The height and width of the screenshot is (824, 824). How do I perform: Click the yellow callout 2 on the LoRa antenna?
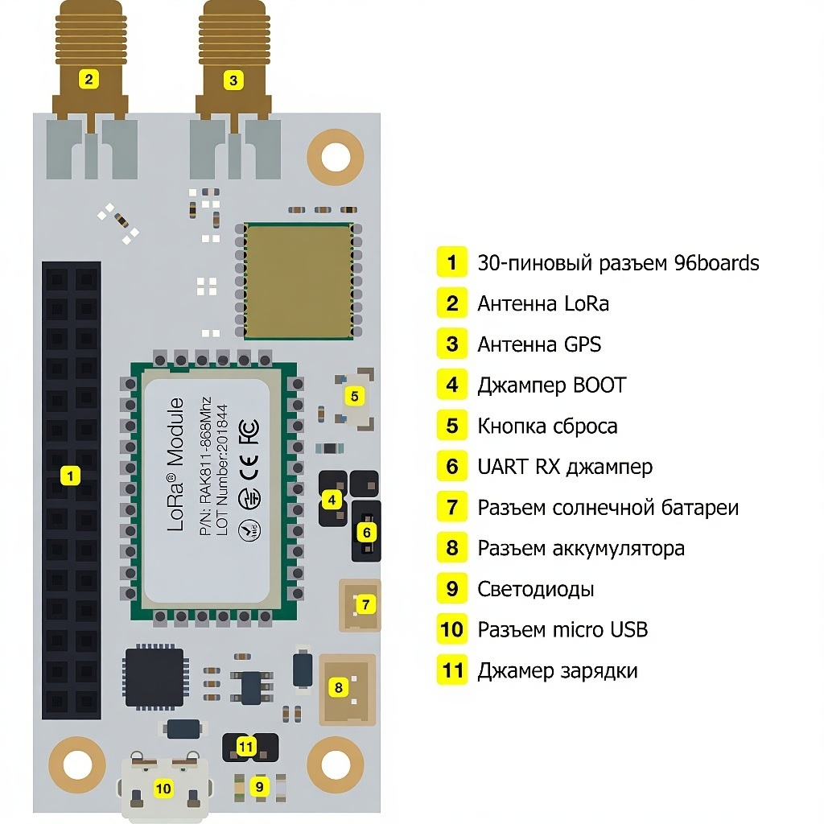tap(89, 79)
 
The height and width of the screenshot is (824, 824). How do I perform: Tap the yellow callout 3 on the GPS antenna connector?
tap(233, 80)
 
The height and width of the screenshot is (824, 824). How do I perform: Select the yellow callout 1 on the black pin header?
tap(71, 476)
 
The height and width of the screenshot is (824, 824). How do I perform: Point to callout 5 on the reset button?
tap(354, 395)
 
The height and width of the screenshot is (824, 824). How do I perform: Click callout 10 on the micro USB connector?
tap(163, 788)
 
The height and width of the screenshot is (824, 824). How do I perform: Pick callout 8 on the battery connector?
tap(338, 687)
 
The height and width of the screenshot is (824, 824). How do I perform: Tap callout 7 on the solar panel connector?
tap(365, 603)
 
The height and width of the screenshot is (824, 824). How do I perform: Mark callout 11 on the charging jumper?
tap(246, 747)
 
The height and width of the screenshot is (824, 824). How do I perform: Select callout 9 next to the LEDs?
tap(259, 786)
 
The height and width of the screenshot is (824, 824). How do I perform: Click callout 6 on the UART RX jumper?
tap(366, 532)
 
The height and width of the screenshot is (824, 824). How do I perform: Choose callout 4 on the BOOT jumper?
tap(331, 500)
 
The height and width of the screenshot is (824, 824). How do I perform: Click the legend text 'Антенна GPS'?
tap(538, 344)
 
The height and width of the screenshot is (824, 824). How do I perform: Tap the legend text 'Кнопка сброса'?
tap(547, 426)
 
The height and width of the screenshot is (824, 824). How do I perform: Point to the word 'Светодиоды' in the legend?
tap(535, 589)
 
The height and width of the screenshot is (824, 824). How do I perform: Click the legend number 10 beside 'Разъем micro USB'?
tap(452, 629)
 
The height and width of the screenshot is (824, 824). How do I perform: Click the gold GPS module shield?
tap(299, 282)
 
